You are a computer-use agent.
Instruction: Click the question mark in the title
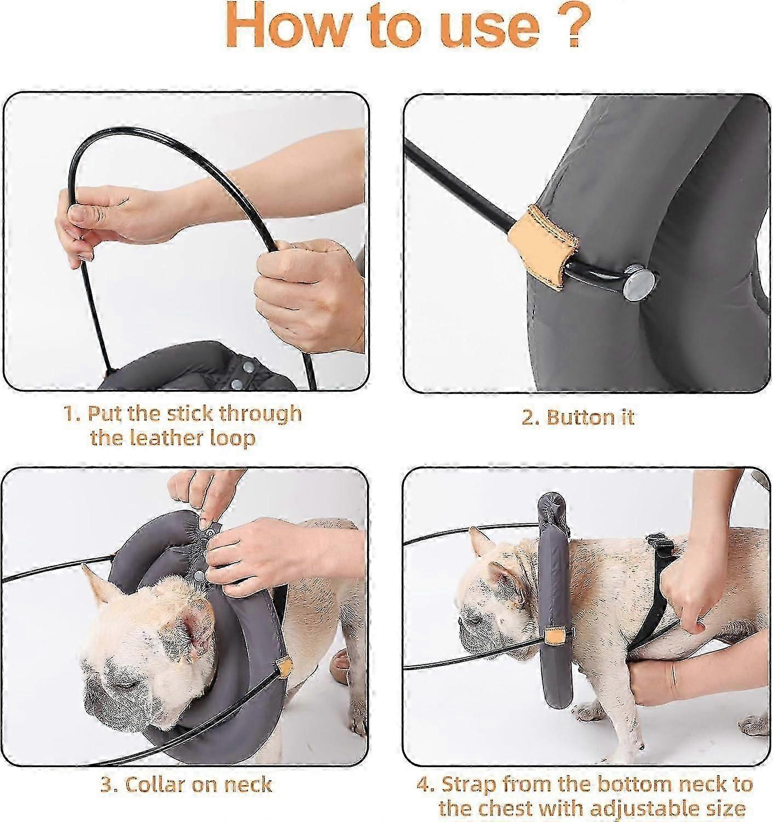(574, 26)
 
